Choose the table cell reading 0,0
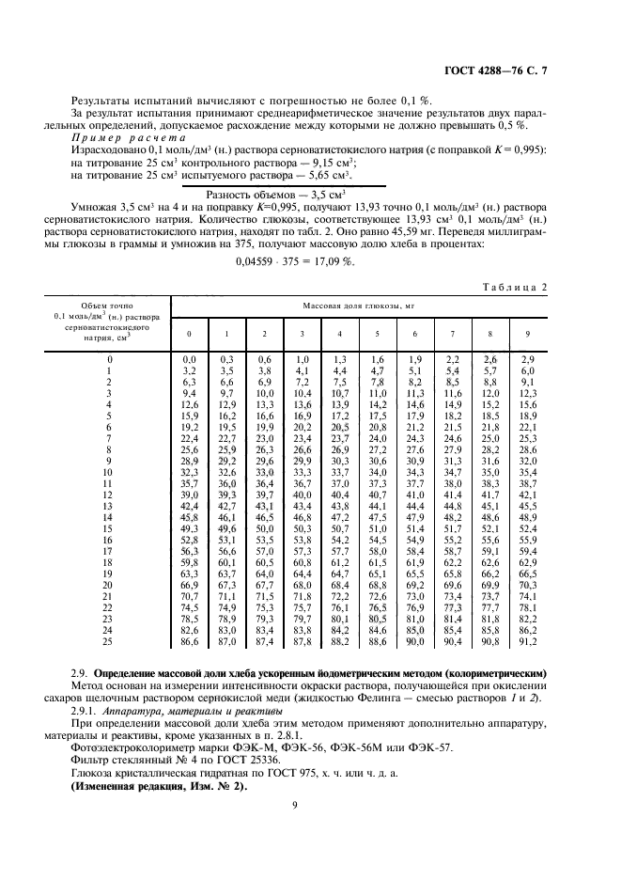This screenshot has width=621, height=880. (189, 359)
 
